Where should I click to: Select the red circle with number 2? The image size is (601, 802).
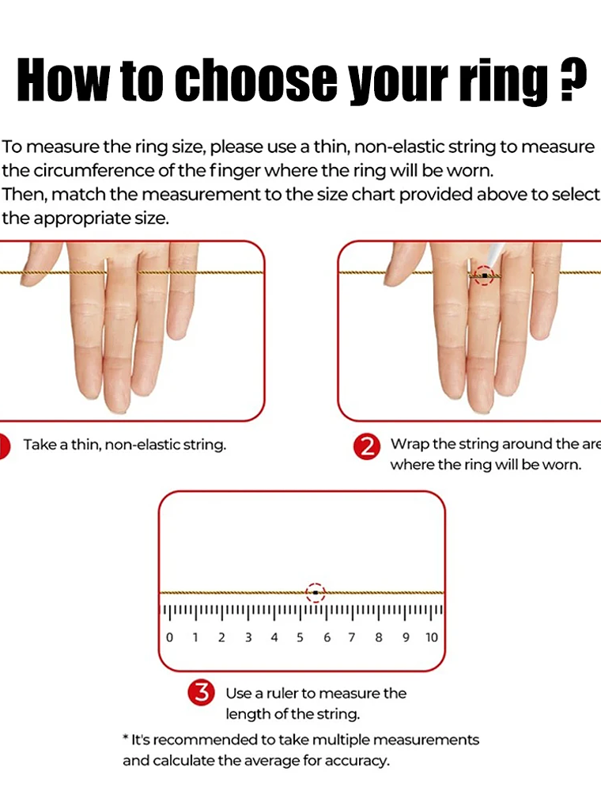tap(367, 447)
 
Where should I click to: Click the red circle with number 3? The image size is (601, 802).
tap(202, 694)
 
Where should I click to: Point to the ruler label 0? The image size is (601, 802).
tap(169, 638)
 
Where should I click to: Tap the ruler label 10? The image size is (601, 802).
tap(431, 638)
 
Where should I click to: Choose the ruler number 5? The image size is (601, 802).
tap(300, 638)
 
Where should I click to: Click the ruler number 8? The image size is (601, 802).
tap(379, 638)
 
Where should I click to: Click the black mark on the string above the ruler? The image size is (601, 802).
tap(316, 592)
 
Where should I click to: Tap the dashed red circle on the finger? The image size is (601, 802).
tap(484, 276)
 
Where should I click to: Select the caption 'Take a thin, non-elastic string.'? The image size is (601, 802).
tap(125, 445)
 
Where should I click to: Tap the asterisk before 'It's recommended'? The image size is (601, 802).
tap(126, 739)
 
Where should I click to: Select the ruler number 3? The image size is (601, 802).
tap(248, 638)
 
